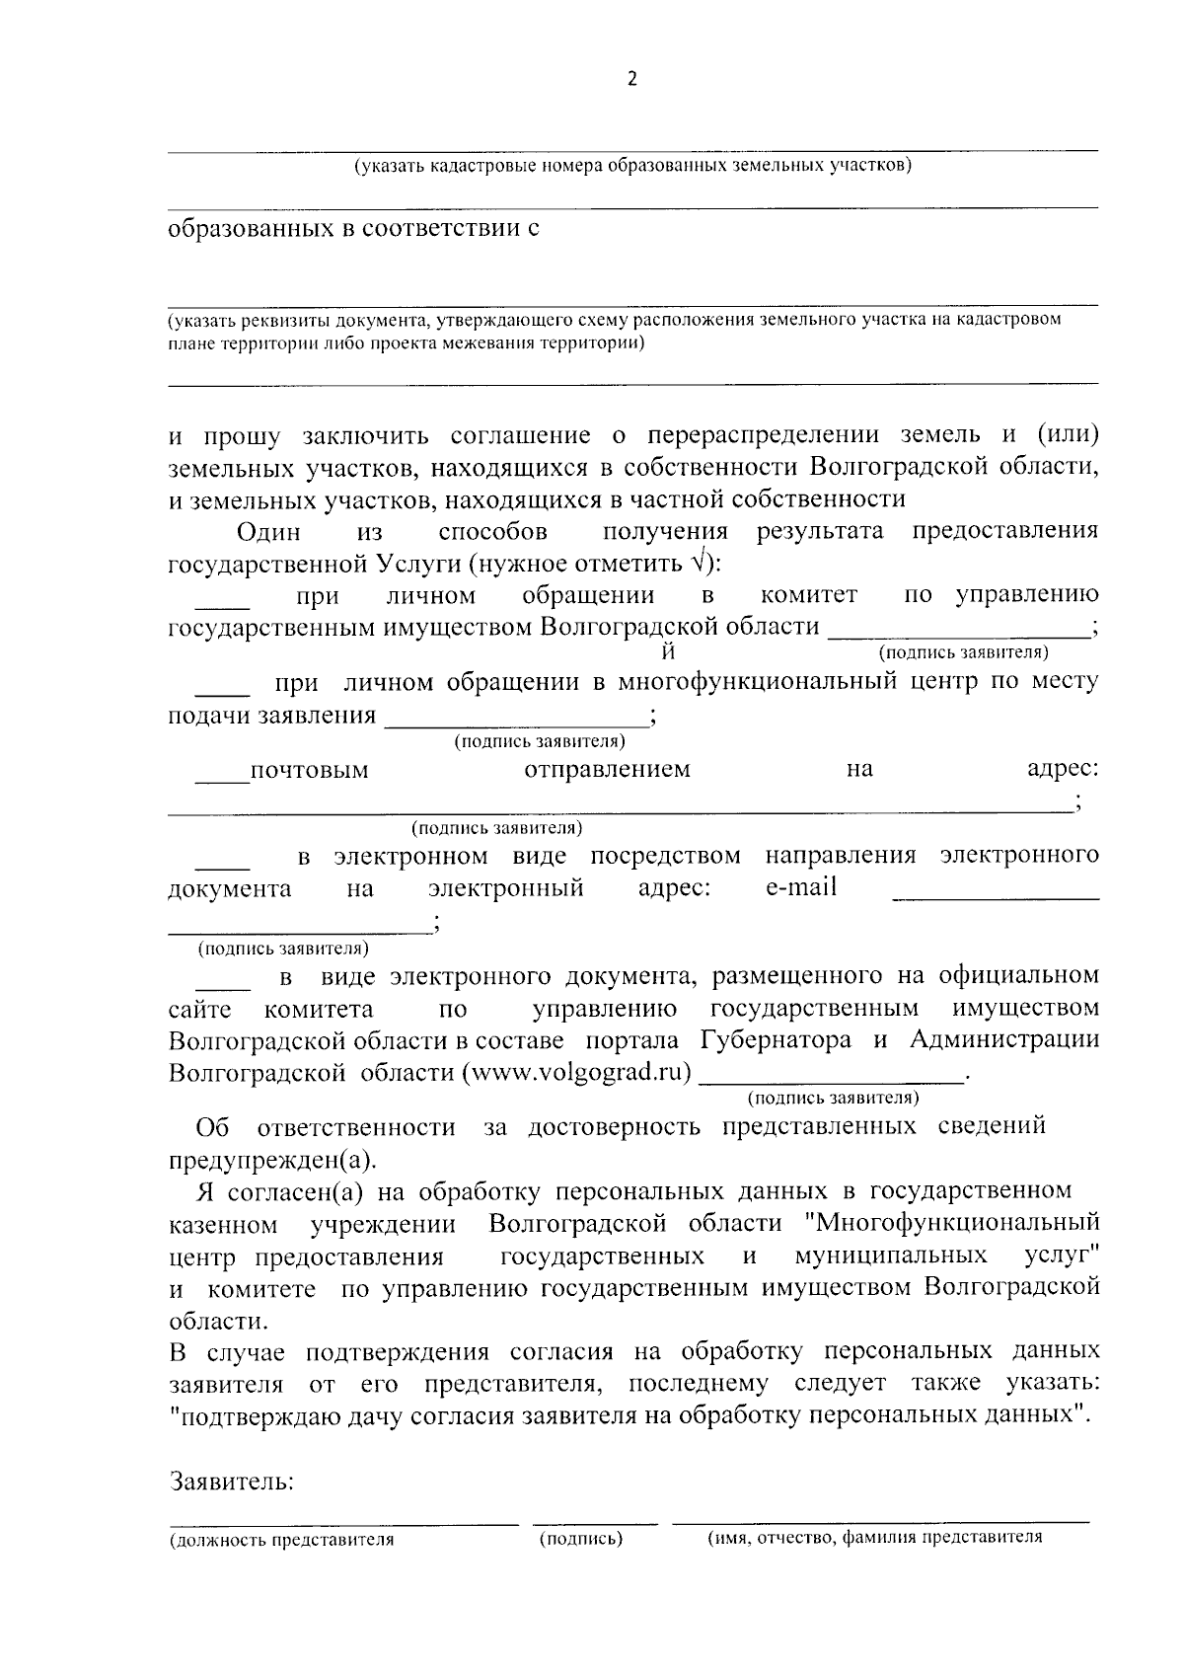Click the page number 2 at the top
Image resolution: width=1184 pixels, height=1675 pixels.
click(632, 80)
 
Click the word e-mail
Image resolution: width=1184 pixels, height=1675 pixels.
click(800, 886)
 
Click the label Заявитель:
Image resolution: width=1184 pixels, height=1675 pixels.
click(232, 1482)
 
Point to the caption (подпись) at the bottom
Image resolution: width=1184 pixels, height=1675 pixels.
click(581, 1538)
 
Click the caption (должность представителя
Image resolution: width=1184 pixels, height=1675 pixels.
click(282, 1539)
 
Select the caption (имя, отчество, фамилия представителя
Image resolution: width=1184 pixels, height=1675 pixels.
click(874, 1537)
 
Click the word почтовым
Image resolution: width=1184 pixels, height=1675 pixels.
click(309, 770)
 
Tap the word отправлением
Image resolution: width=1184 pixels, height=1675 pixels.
click(607, 769)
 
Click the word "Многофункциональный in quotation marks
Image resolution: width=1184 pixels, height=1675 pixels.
click(952, 1223)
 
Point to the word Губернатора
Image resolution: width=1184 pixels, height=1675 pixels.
click(776, 1040)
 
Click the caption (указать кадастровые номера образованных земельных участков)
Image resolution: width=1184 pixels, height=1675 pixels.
click(632, 165)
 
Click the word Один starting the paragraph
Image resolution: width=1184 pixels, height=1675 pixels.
click(268, 531)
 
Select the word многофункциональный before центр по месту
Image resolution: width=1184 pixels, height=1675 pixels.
click(757, 681)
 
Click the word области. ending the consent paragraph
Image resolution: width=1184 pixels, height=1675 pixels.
click(218, 1321)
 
